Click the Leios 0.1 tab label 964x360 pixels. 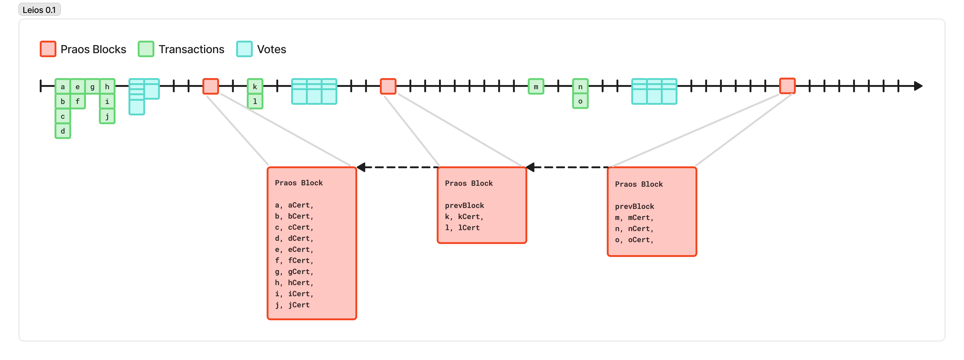(x=39, y=10)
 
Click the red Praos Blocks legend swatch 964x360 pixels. (x=48, y=49)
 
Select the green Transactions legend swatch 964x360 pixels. (x=146, y=49)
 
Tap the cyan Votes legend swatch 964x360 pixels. (x=244, y=49)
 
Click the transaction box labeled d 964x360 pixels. (x=63, y=131)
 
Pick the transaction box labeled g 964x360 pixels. (x=92, y=86)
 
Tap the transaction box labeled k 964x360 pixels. (x=255, y=86)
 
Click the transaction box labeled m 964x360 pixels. (x=536, y=86)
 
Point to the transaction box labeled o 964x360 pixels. (x=580, y=101)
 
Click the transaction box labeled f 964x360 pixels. (x=77, y=101)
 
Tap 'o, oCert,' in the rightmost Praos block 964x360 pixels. (x=634, y=240)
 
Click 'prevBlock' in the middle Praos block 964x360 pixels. (x=464, y=205)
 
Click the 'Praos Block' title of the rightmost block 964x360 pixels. (x=639, y=184)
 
